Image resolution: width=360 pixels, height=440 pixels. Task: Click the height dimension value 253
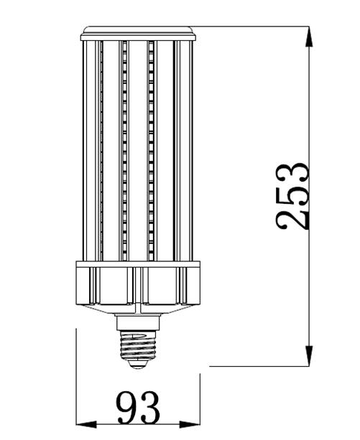click(292, 196)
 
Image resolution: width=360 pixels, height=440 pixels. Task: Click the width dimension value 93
click(138, 408)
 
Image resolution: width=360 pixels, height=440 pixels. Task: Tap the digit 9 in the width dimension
click(127, 408)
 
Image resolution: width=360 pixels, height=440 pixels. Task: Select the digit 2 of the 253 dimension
click(292, 220)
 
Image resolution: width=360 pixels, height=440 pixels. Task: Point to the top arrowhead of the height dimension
click(309, 36)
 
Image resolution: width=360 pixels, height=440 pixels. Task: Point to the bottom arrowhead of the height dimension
click(309, 356)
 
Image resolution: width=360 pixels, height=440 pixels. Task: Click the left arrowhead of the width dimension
click(86, 424)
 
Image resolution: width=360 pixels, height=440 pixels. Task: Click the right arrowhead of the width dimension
click(190, 424)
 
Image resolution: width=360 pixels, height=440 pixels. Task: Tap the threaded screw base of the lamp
click(138, 345)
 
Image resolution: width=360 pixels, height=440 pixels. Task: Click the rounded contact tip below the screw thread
click(138, 364)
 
